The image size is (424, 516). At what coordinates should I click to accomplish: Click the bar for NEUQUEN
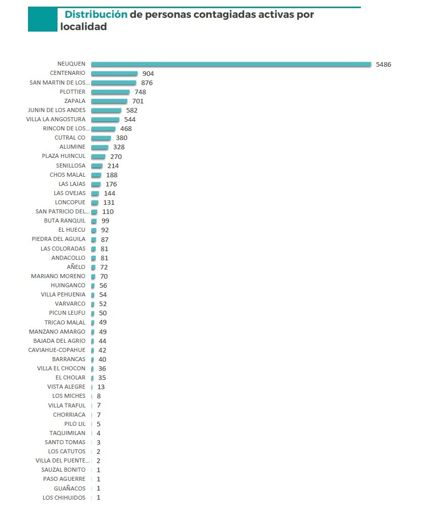click(x=231, y=64)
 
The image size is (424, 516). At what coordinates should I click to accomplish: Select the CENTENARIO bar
click(x=114, y=73)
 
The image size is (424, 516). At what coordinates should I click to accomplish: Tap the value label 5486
click(x=383, y=64)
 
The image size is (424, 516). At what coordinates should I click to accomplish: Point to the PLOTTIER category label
click(x=73, y=92)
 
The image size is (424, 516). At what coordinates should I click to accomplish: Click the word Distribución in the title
click(x=96, y=15)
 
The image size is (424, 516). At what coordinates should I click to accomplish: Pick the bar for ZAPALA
click(x=109, y=101)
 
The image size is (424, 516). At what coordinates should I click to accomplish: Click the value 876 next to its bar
click(x=147, y=83)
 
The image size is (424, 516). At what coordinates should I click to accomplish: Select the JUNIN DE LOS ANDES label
click(x=56, y=110)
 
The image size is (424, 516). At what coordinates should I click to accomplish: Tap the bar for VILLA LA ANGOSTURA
click(x=105, y=120)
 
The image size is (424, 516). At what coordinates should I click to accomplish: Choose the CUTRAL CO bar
click(x=101, y=138)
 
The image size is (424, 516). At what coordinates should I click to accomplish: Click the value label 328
click(x=119, y=147)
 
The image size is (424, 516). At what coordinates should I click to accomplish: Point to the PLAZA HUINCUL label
click(x=64, y=156)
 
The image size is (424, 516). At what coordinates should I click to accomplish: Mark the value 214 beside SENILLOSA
click(x=113, y=166)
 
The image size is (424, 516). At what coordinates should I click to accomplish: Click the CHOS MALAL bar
click(x=96, y=175)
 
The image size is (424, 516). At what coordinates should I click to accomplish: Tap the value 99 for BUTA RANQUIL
click(x=105, y=221)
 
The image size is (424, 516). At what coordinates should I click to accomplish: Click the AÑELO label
click(x=76, y=267)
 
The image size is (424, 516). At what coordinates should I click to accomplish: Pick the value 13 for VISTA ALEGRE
click(x=101, y=387)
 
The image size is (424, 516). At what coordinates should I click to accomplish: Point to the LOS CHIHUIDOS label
click(x=64, y=498)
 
